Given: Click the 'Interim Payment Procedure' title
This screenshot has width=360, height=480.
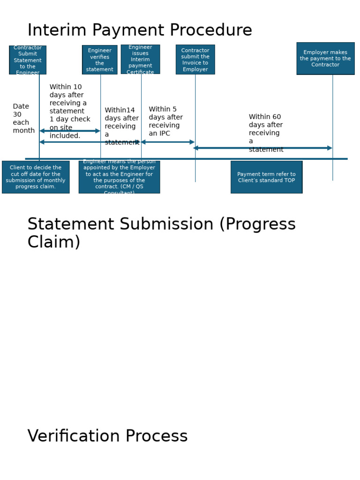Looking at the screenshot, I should click(140, 30).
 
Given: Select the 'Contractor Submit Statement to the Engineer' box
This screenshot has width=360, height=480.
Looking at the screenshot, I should click(28, 60).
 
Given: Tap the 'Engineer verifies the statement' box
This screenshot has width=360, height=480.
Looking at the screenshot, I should click(100, 60).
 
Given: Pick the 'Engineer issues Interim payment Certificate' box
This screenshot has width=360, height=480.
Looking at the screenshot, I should click(140, 60).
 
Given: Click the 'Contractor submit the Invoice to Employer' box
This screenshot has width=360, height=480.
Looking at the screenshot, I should click(195, 60).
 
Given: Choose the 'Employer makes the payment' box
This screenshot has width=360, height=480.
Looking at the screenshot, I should click(325, 59).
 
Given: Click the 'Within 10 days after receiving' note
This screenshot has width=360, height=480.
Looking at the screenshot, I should click(69, 111).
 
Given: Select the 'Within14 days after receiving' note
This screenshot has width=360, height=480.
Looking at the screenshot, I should click(121, 126).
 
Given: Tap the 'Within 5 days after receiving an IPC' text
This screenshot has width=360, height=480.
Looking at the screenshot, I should click(165, 121).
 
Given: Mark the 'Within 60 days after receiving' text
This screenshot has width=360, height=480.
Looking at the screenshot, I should click(266, 133).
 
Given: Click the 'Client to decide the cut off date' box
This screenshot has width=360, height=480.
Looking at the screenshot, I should click(36, 177).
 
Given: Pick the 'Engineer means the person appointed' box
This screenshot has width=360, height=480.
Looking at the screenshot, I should click(119, 177).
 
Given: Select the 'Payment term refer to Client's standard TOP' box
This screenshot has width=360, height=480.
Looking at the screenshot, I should click(266, 177).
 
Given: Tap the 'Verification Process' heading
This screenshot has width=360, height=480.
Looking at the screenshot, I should click(107, 436).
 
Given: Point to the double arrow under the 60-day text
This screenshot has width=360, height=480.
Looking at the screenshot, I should click(262, 148).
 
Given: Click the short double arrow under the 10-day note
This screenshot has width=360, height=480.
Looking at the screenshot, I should click(70, 131).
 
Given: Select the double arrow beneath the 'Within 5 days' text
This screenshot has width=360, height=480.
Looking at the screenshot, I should click(167, 142).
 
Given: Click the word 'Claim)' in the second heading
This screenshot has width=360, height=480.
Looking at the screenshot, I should click(53, 242).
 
